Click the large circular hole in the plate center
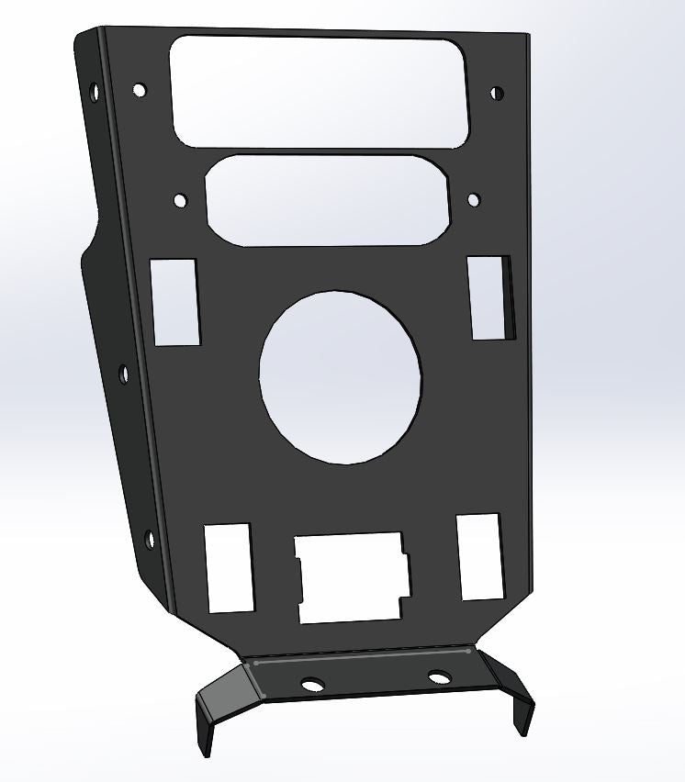tap(341, 376)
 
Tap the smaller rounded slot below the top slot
tap(328, 199)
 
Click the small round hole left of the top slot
tap(140, 90)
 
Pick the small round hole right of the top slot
tap(497, 93)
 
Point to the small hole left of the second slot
tap(180, 199)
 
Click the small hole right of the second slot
tap(473, 199)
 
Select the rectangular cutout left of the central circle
tap(175, 302)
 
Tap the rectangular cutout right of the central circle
tap(490, 296)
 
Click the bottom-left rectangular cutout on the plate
tap(228, 567)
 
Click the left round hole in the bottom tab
tap(312, 685)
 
